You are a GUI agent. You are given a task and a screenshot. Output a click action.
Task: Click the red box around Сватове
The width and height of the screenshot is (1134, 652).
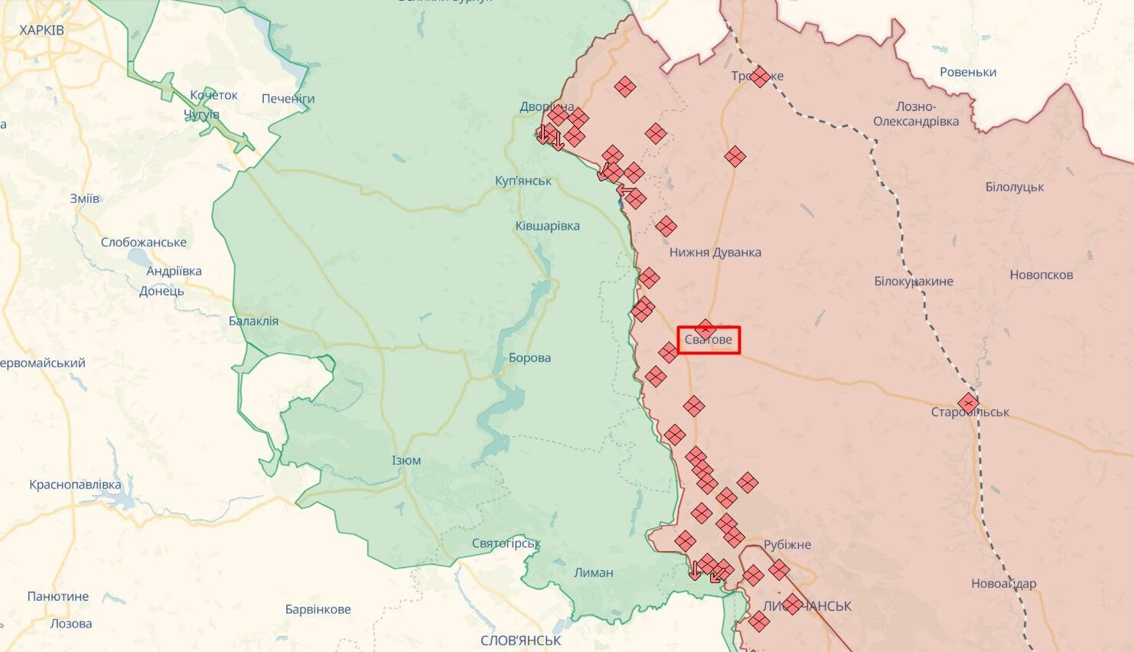[x=709, y=339]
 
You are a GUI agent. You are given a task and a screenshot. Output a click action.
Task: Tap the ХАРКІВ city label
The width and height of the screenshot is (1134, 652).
[x=41, y=31]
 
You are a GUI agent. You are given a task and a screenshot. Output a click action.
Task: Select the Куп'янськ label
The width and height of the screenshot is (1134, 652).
[x=523, y=181]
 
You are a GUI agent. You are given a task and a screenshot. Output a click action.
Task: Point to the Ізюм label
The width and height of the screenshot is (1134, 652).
[x=406, y=461]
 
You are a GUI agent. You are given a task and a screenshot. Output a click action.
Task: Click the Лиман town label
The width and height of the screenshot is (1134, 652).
[x=593, y=572]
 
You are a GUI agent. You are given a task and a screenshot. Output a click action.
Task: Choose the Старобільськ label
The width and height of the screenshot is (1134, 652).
[x=970, y=412]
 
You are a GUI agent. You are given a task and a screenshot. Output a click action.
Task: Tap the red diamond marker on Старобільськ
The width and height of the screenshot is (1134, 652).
[x=968, y=403]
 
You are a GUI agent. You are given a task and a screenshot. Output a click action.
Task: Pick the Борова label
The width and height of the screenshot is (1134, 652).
[x=530, y=357]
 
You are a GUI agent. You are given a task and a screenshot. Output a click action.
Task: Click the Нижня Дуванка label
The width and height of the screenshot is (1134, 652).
[x=715, y=253]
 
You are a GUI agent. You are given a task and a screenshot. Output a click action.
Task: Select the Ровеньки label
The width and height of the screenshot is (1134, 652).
[x=968, y=73]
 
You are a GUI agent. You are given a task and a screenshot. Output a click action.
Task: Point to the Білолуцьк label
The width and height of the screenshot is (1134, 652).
[x=1014, y=187]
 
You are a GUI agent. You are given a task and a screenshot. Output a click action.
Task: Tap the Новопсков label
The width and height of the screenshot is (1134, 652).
[x=1041, y=275]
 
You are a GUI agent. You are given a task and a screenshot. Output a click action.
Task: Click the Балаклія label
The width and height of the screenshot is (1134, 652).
[x=253, y=321]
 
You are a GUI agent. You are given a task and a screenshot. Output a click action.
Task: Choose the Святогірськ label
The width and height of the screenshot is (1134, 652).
[x=506, y=543]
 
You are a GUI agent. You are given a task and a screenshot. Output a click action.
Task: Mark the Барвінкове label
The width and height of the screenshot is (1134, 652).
[x=318, y=610]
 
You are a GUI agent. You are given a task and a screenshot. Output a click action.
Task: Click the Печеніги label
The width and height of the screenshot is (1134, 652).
[x=288, y=99]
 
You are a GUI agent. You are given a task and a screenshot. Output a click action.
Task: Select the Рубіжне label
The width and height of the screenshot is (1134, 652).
[x=787, y=545]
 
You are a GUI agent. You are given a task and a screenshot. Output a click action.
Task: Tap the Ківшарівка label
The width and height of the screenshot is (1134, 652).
[x=547, y=227]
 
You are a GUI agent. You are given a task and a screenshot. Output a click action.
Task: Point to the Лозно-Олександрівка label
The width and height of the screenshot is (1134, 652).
[x=916, y=114]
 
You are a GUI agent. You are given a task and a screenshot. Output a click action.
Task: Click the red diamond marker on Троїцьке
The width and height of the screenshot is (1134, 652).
[x=760, y=77]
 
